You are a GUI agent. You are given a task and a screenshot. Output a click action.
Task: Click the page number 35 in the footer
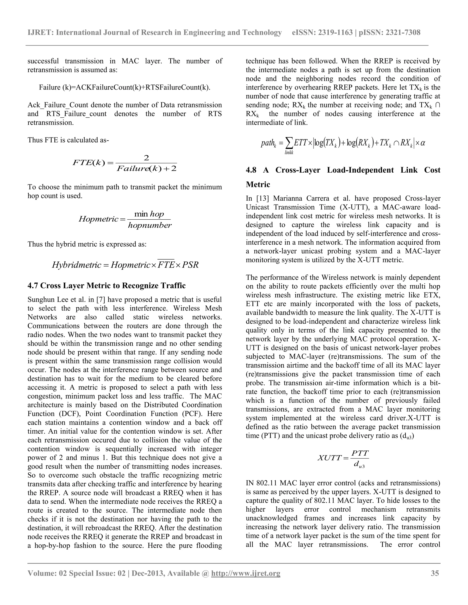[435, 573]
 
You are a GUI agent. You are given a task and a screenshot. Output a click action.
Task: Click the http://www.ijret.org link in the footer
[246, 573]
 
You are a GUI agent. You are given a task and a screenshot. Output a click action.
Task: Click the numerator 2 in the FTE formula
[146, 158]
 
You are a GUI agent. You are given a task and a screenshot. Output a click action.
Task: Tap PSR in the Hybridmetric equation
[190, 265]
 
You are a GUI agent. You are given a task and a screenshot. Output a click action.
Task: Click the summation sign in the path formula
[289, 143]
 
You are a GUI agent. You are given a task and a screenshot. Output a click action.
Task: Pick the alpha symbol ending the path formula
[423, 143]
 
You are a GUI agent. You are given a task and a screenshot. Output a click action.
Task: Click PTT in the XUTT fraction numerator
[360, 453]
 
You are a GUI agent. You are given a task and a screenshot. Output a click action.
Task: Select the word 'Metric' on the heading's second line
[258, 184]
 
